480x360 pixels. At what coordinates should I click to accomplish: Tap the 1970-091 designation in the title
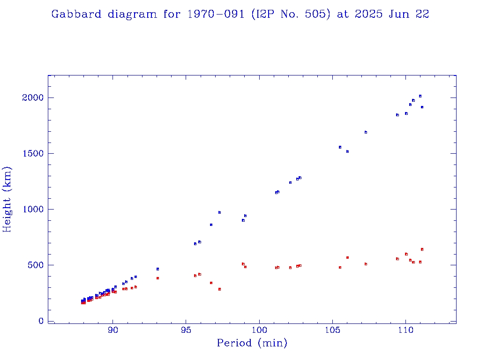(x=217, y=14)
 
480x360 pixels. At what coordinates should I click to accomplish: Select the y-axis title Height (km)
(x=7, y=199)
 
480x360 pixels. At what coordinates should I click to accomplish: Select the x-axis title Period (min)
(x=252, y=343)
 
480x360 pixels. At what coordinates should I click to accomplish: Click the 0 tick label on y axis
(x=41, y=321)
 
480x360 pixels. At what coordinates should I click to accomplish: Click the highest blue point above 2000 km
(x=420, y=96)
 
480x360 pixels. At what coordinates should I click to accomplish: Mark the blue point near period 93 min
(x=157, y=269)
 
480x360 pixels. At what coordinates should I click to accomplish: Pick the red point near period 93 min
(x=157, y=278)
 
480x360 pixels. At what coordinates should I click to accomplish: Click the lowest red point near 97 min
(x=219, y=289)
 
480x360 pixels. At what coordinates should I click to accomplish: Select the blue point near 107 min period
(x=366, y=132)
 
